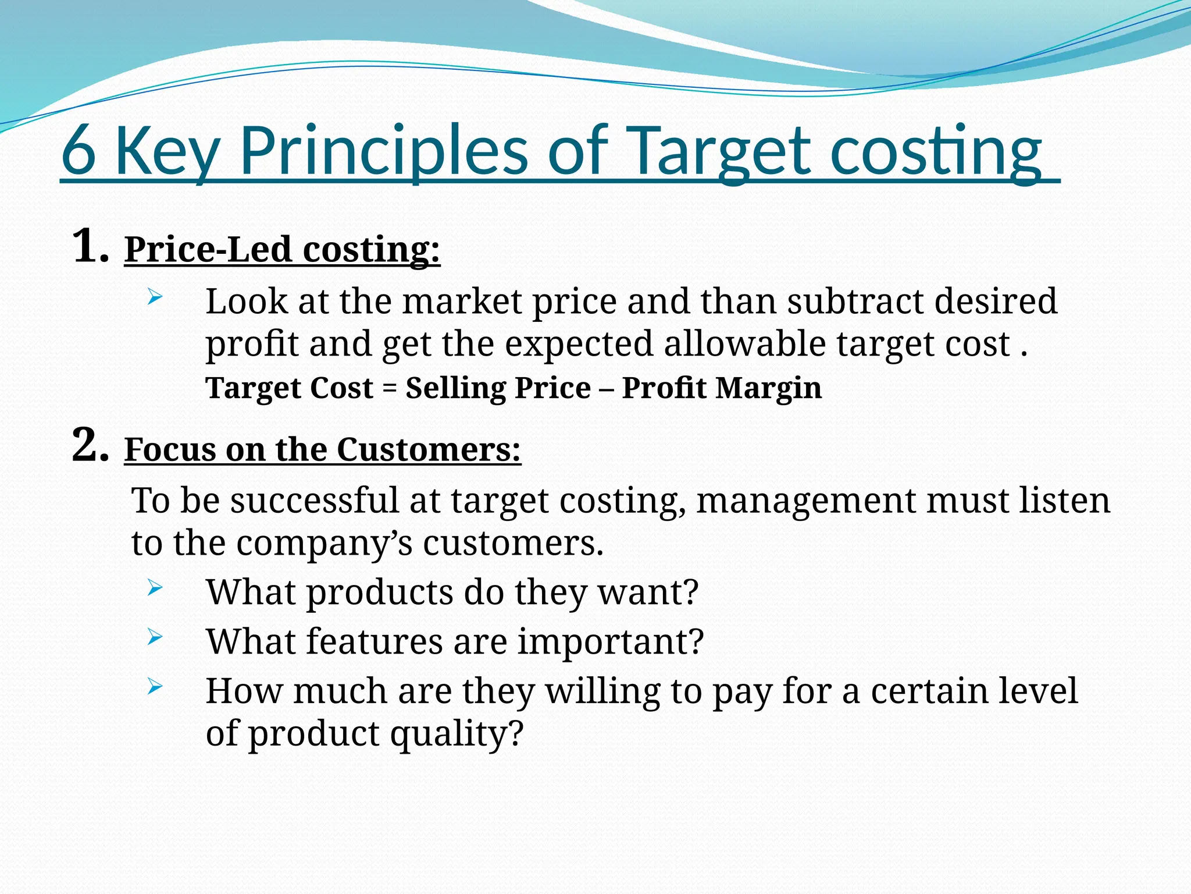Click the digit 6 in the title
pos(79,151)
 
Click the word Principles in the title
pos(384,151)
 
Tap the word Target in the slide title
pos(718,151)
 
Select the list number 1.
pos(88,247)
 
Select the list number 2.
pos(88,446)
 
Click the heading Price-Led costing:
pos(282,250)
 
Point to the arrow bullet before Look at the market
pos(154,298)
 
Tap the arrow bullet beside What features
pos(154,637)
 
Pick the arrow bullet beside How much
pos(154,687)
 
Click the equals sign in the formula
pos(389,389)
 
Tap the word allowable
pos(745,344)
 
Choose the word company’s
pos(324,544)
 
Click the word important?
pos(611,642)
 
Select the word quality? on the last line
pos(457,734)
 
